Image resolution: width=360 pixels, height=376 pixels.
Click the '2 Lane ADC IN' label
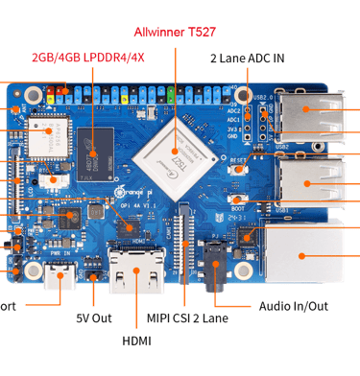247,58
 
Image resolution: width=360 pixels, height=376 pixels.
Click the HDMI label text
136,340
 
